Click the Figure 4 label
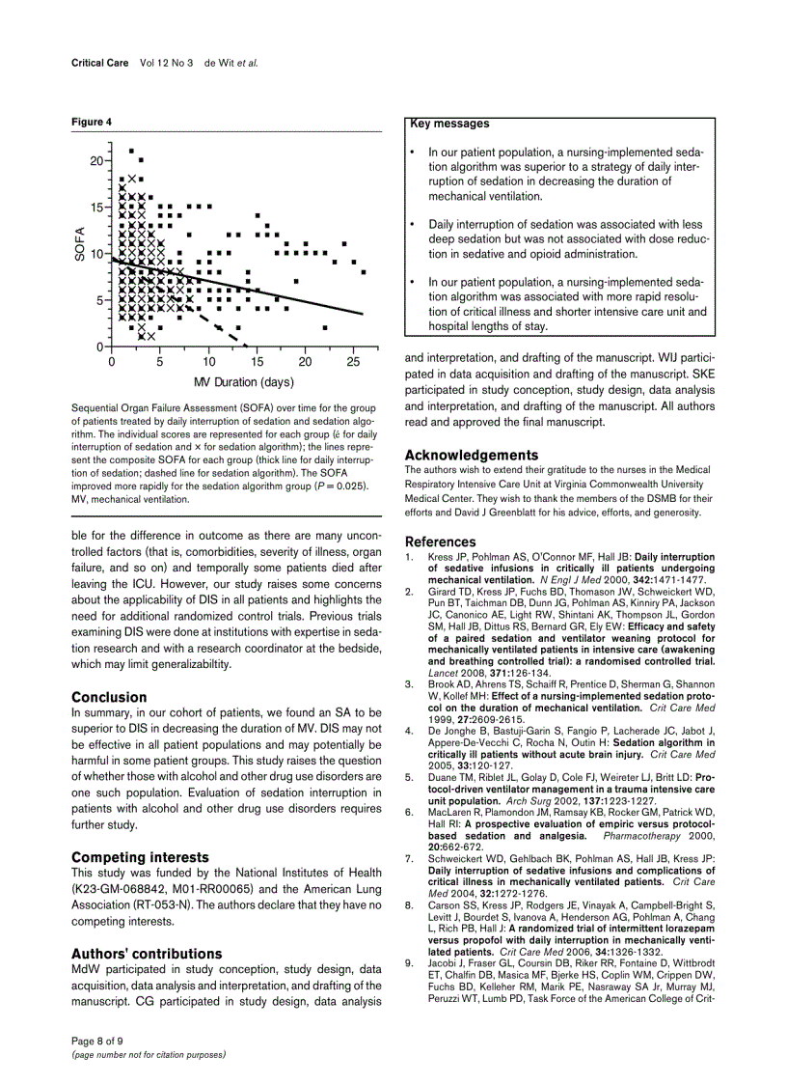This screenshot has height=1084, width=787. point(92,122)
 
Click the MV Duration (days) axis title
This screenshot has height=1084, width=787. point(244,382)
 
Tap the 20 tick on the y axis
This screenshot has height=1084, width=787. point(96,160)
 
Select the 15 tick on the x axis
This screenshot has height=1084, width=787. point(257,362)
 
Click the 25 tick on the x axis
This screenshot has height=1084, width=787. point(353,362)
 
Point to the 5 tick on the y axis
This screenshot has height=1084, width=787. point(99,300)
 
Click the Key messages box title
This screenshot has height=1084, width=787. point(449,124)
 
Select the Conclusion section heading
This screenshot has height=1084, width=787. point(109,697)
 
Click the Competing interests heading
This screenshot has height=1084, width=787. point(140,856)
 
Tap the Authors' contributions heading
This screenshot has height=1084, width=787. point(147,953)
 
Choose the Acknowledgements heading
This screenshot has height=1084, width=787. point(472,455)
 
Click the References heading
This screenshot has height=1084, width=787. point(440,542)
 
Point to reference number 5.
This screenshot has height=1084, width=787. point(409,776)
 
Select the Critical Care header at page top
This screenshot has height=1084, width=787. point(100,62)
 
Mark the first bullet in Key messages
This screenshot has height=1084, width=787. point(413,153)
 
